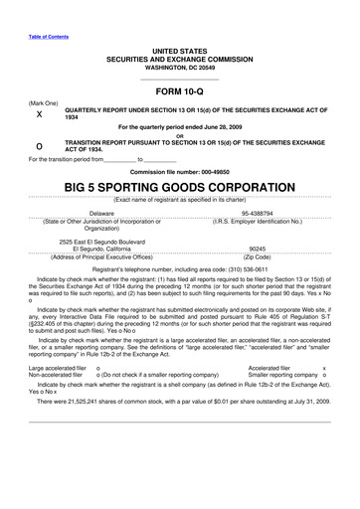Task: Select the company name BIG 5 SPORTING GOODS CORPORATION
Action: pos(179,187)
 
